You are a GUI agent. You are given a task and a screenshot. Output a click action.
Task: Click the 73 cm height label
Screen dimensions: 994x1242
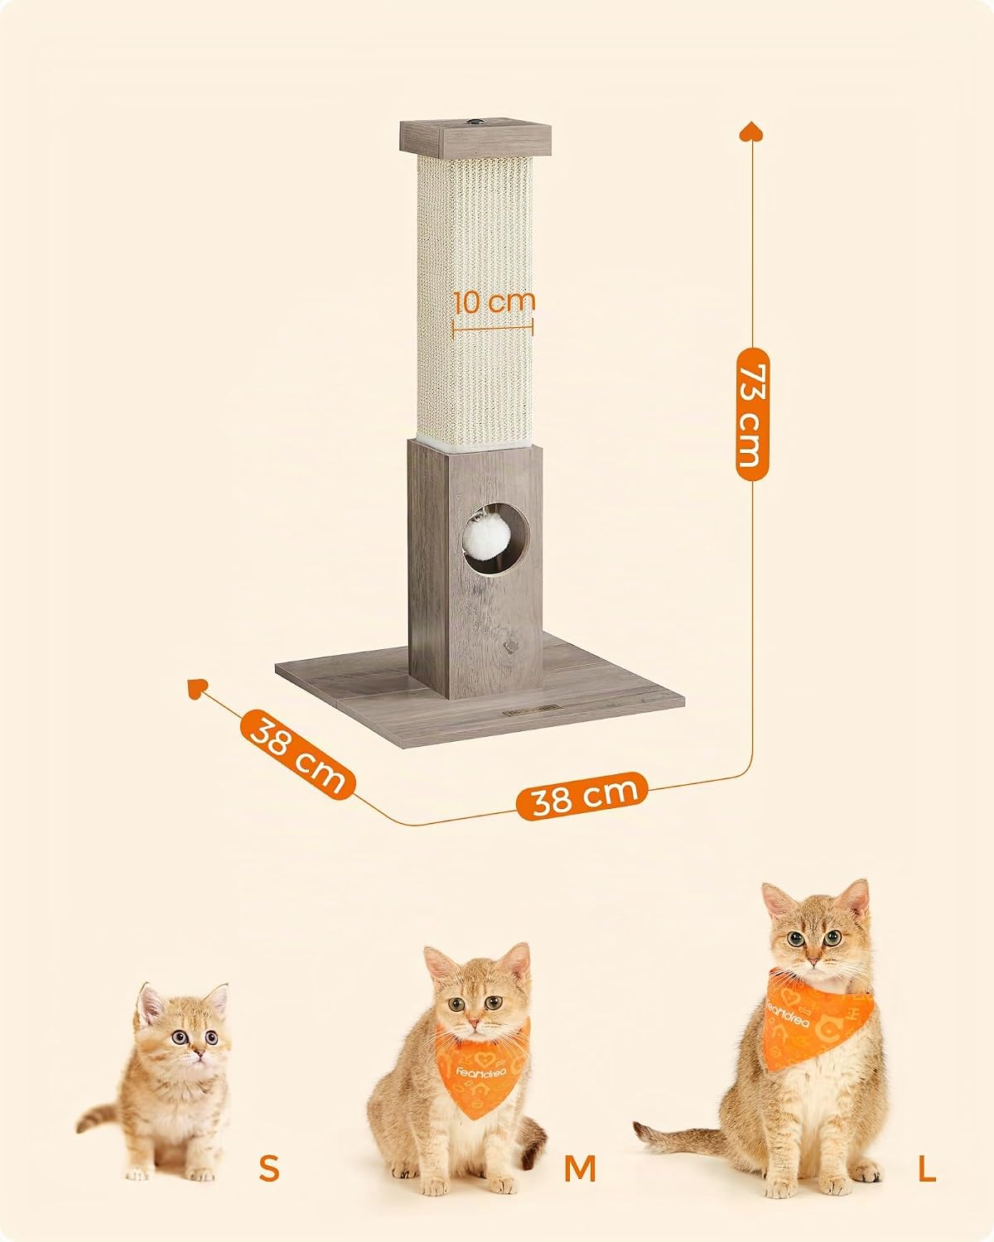tap(753, 414)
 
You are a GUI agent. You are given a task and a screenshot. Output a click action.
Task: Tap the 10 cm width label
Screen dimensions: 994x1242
tap(494, 301)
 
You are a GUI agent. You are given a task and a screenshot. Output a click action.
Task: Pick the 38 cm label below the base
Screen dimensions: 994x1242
tap(582, 797)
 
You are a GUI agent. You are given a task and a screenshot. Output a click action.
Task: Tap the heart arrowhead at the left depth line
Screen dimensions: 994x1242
tap(196, 688)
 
